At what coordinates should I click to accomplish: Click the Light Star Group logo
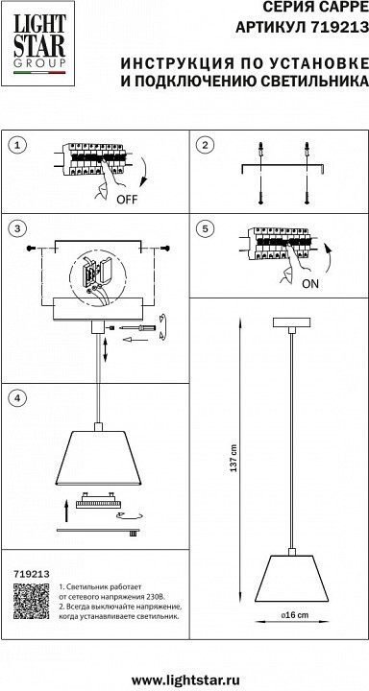click(39, 43)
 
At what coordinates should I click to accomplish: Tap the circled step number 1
click(17, 145)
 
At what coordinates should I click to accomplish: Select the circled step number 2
click(205, 145)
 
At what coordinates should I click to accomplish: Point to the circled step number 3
click(17, 228)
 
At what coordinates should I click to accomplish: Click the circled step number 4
click(17, 397)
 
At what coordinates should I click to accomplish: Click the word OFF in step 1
click(127, 200)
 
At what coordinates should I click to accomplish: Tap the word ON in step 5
click(309, 284)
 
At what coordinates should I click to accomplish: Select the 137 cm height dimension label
click(234, 459)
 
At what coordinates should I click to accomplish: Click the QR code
click(31, 601)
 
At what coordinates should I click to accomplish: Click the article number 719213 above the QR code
click(32, 574)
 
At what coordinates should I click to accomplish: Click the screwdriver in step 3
click(139, 328)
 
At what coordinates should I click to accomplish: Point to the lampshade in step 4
click(98, 458)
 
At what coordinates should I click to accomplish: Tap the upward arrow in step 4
click(66, 511)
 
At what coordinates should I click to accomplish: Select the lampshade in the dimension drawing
click(291, 578)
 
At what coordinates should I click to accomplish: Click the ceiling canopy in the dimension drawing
click(291, 322)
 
